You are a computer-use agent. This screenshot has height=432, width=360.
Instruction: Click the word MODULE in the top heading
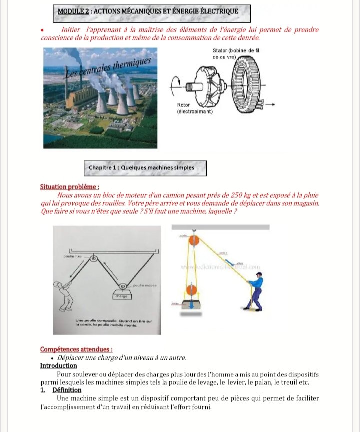71,11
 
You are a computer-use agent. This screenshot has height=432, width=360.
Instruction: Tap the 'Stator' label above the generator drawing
220,51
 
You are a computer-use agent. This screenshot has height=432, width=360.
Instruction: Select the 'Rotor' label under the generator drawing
183,105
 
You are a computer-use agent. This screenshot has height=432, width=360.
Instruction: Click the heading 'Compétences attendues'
76,350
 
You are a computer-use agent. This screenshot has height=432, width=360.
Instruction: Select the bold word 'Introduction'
58,366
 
